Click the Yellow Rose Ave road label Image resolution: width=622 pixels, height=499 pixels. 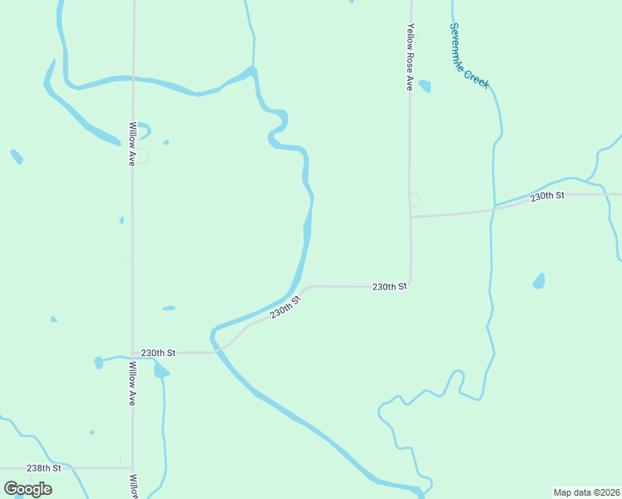tap(410, 56)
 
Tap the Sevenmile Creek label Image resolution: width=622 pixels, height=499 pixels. tap(469, 55)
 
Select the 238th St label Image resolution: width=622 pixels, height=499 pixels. tap(44, 468)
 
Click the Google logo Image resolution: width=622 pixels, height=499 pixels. tap(28, 489)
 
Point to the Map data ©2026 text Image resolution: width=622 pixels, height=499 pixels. tap(587, 492)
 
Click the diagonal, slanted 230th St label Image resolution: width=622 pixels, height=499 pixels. tap(284, 309)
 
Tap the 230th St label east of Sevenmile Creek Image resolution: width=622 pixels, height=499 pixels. tap(547, 195)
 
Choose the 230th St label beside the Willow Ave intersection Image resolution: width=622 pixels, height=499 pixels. tap(158, 353)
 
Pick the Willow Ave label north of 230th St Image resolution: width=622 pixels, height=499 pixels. tap(131, 144)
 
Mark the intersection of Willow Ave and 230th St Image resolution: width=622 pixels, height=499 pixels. tap(133, 353)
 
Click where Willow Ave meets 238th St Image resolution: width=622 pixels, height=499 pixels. tap(133, 468)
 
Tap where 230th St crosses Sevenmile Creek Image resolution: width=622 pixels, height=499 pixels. tap(494, 206)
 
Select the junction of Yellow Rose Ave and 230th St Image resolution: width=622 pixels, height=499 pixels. tap(410, 216)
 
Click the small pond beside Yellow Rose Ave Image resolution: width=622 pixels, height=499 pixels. tap(426, 86)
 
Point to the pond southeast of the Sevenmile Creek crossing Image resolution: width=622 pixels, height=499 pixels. tap(539, 281)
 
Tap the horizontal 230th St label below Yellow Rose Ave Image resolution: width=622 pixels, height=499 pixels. tap(389, 286)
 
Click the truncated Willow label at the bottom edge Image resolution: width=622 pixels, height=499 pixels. tap(132, 487)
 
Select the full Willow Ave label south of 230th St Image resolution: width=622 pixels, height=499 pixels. tap(131, 383)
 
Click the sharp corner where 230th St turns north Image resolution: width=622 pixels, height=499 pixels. tap(409, 284)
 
